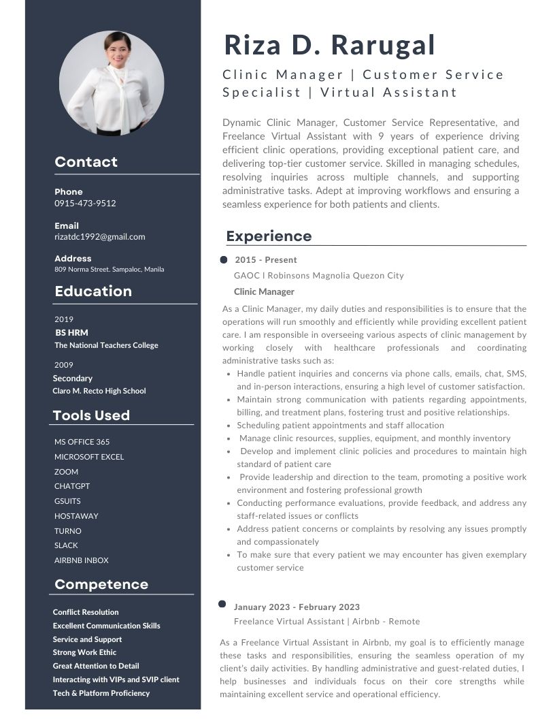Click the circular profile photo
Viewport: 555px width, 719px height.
click(112, 84)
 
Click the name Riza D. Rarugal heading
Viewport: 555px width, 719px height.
click(329, 45)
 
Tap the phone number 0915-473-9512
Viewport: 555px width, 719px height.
click(85, 203)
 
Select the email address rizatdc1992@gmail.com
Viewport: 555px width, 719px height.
click(100, 237)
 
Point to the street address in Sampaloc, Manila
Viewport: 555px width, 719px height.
click(109, 269)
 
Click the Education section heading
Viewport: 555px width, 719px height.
click(93, 291)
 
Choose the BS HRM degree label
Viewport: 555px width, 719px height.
click(71, 333)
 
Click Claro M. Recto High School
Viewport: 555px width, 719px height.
click(99, 391)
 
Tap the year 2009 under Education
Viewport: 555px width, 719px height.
click(64, 365)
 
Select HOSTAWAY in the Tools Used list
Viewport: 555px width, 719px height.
click(76, 516)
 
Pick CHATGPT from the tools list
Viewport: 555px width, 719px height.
click(72, 486)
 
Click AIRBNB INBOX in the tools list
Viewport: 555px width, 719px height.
click(82, 560)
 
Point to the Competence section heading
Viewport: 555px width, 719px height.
click(101, 584)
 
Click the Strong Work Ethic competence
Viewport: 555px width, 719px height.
click(84, 652)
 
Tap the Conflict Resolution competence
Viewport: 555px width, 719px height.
click(86, 612)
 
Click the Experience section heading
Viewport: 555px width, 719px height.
click(269, 236)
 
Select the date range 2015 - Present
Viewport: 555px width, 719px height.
click(266, 260)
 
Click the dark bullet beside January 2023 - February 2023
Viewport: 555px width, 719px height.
click(222, 604)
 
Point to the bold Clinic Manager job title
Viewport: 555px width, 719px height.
click(264, 292)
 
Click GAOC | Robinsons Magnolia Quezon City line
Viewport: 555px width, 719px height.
click(318, 276)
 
